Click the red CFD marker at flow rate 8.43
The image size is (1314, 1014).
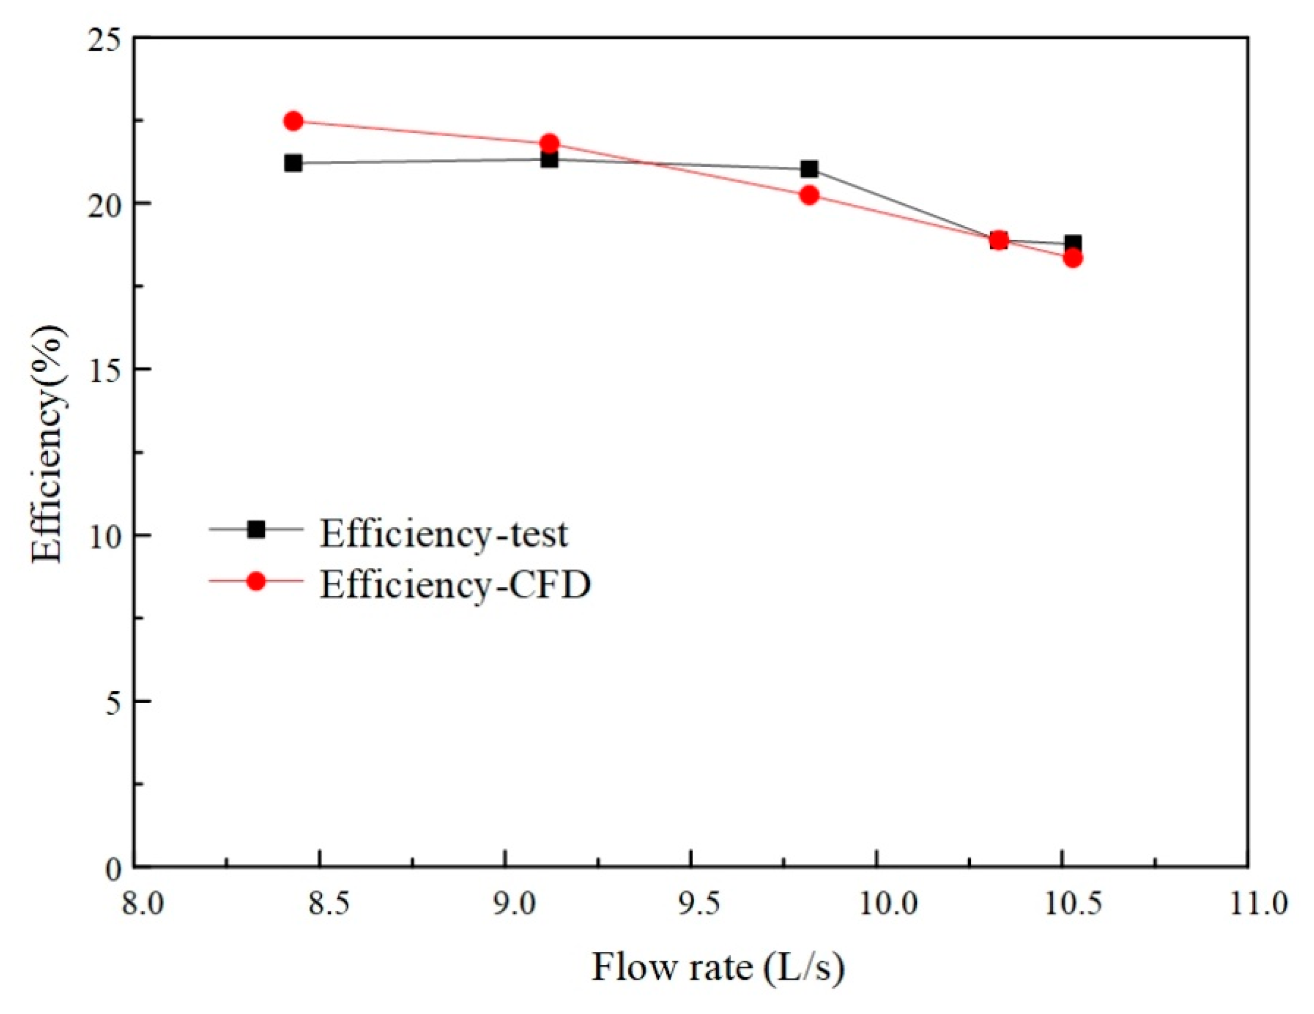tap(293, 121)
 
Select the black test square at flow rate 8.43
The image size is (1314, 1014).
tap(293, 163)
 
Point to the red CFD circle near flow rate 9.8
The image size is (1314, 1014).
tap(810, 195)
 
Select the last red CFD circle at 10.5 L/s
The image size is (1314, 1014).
tap(1073, 258)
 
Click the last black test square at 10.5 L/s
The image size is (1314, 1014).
tap(1073, 242)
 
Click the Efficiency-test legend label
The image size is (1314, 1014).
tap(443, 533)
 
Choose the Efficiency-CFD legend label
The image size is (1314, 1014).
tap(455, 584)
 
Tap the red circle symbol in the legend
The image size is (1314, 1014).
tap(257, 581)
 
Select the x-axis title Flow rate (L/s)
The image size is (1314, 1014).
tap(717, 968)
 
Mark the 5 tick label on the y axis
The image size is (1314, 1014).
tap(113, 703)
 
